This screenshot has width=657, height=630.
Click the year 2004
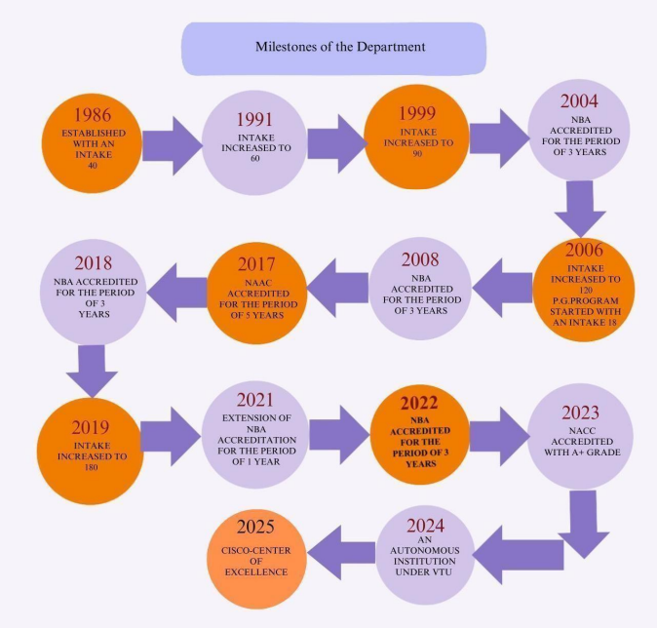click(x=579, y=101)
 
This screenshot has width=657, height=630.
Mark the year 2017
click(x=258, y=263)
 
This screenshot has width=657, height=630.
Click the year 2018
click(x=94, y=262)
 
